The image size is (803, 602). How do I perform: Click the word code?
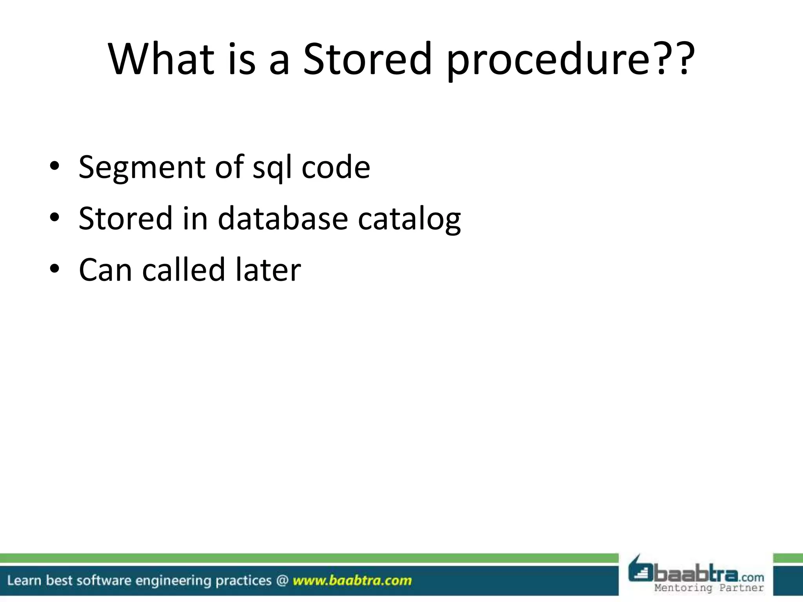[336, 168]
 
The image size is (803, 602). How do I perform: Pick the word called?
[183, 270]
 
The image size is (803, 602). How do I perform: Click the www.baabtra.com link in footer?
[352, 580]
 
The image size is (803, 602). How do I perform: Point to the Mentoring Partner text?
[709, 588]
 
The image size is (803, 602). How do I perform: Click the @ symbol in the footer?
[282, 580]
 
